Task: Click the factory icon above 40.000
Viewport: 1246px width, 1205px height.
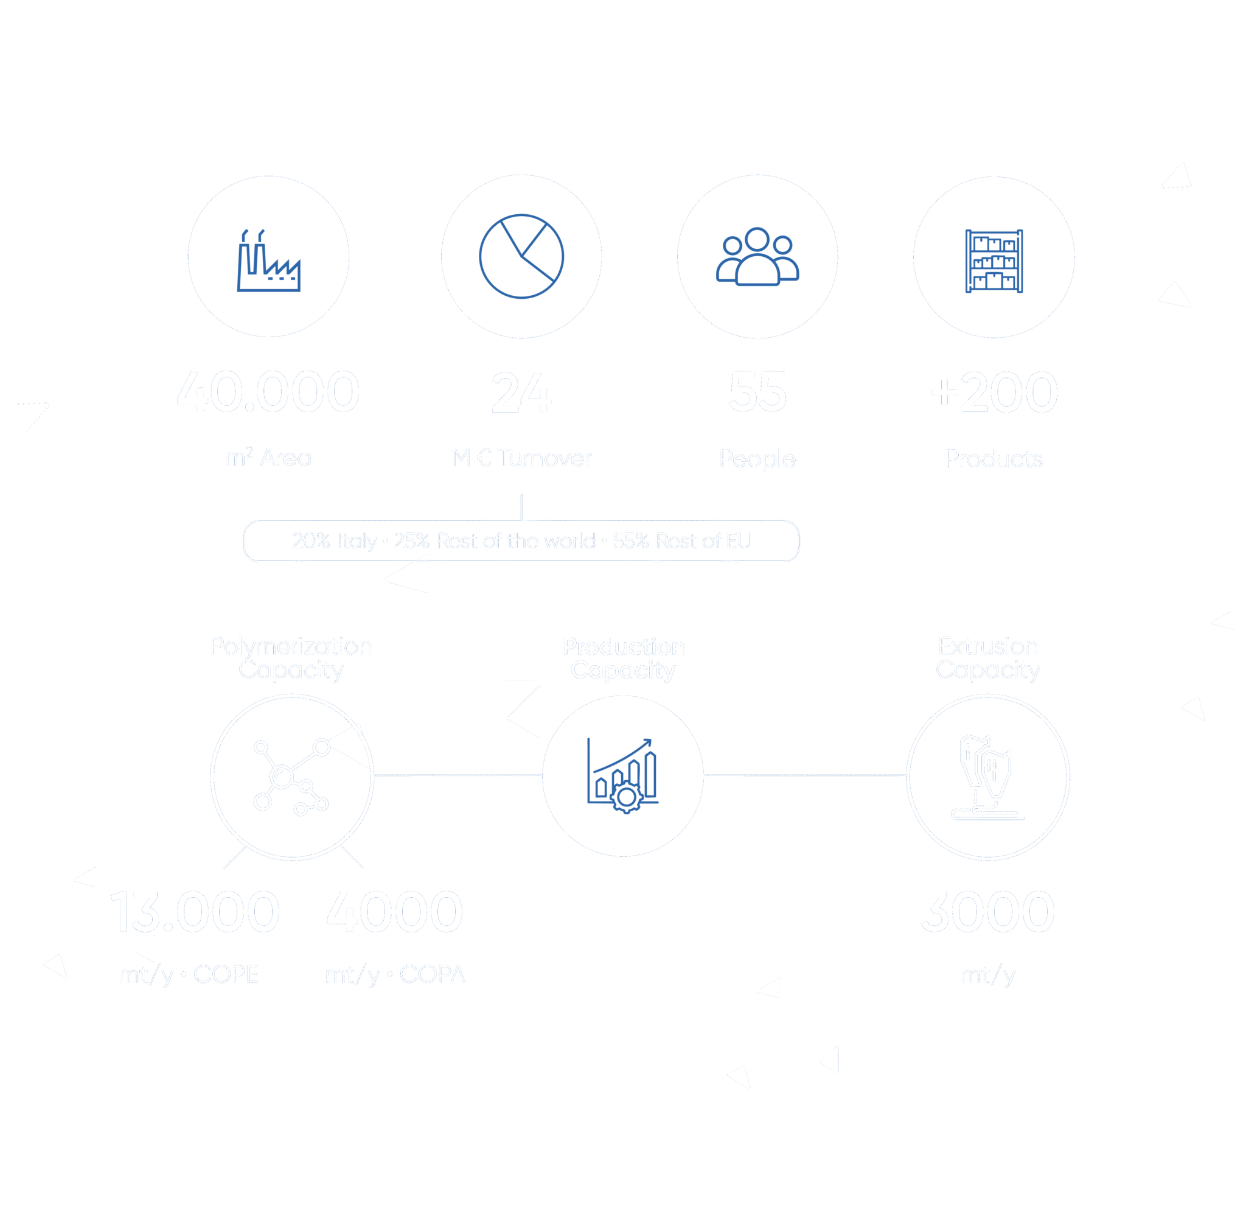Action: pyautogui.click(x=268, y=260)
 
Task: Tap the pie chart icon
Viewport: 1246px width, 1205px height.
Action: pyautogui.click(x=521, y=256)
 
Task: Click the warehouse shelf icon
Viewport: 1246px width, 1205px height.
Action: pyautogui.click(x=994, y=260)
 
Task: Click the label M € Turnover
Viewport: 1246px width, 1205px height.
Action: pyautogui.click(x=521, y=458)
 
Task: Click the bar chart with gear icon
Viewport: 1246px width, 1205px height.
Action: pyautogui.click(x=623, y=776)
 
